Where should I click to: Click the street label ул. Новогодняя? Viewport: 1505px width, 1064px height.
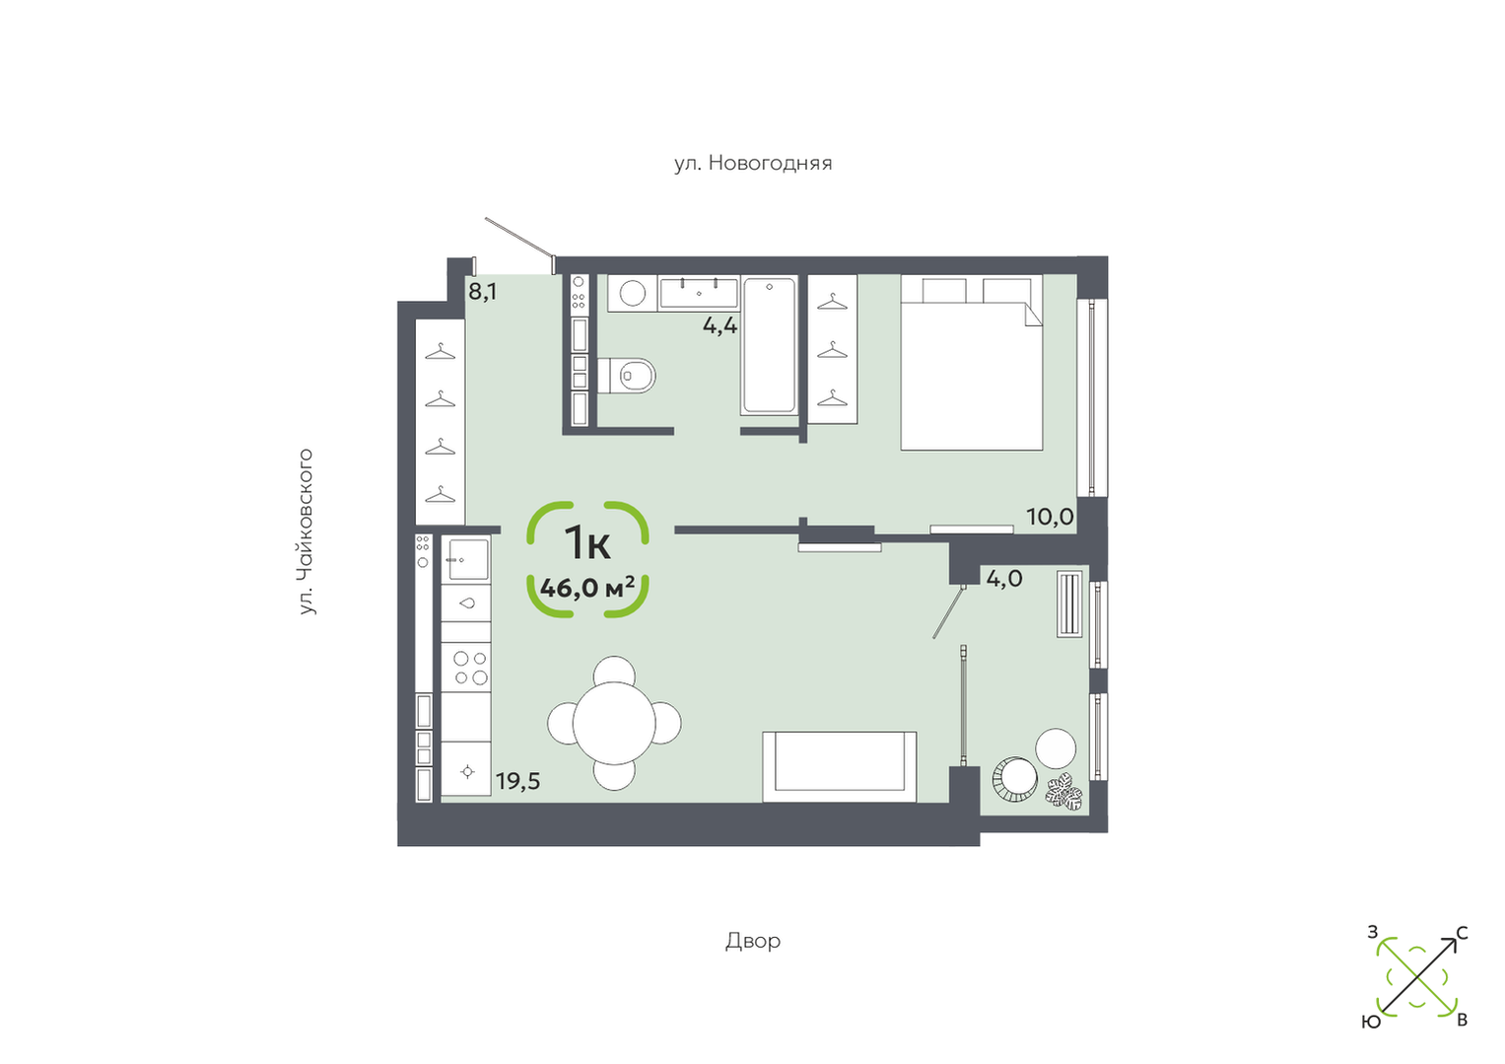coord(753,164)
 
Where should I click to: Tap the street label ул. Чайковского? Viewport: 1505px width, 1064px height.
coord(306,532)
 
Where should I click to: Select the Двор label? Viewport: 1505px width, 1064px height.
coord(753,941)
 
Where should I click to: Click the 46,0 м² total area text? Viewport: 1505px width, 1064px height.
coord(587,588)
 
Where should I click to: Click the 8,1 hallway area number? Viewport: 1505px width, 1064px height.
coord(482,292)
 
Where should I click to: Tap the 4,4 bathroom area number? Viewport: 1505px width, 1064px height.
coord(719,326)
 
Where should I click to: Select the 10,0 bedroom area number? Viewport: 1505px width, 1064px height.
coord(1050,517)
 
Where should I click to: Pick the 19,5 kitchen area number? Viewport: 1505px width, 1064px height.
coord(517,781)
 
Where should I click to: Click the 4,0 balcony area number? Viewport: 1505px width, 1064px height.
coord(1004,578)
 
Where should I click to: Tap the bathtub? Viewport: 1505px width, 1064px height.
coord(770,345)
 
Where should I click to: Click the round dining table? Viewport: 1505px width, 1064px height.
coord(613,723)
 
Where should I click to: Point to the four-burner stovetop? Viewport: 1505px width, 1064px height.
coord(470,667)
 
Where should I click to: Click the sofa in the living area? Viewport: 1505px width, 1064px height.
coord(839,766)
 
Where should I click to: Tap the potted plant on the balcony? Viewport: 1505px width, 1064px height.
coord(1063,792)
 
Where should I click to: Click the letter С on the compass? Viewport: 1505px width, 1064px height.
coord(1462,933)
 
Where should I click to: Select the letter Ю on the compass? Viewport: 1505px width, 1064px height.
coord(1371,1023)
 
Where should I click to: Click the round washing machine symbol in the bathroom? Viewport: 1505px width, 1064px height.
coord(632,293)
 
